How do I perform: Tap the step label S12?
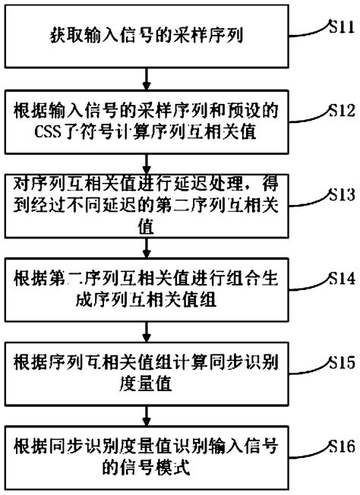339,111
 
